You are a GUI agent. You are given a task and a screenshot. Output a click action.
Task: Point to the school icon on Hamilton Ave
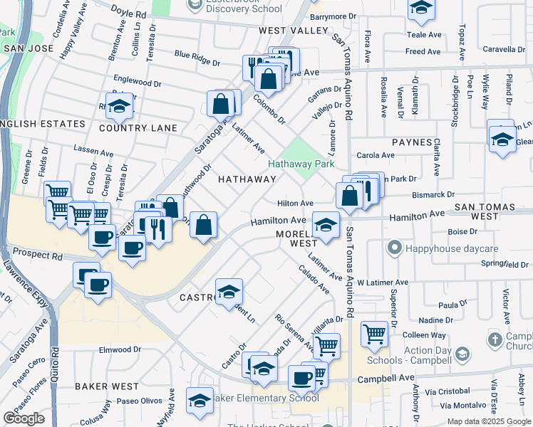pos(326,226)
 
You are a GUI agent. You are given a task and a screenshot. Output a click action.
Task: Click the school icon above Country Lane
pos(120,106)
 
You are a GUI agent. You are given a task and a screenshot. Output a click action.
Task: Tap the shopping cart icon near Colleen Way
pos(374,332)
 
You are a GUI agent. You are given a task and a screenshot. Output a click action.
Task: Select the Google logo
pos(24,418)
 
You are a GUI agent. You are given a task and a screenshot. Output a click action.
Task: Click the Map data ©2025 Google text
pos(487,421)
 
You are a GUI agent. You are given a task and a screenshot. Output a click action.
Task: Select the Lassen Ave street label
pos(94,152)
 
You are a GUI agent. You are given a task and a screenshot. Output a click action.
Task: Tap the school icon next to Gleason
pos(502,138)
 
